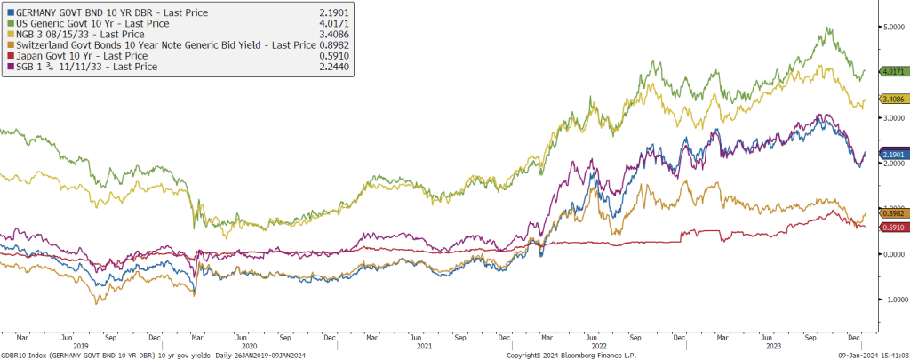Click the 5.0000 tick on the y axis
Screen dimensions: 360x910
coord(891,27)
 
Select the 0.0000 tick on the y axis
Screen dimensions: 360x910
coord(891,254)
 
